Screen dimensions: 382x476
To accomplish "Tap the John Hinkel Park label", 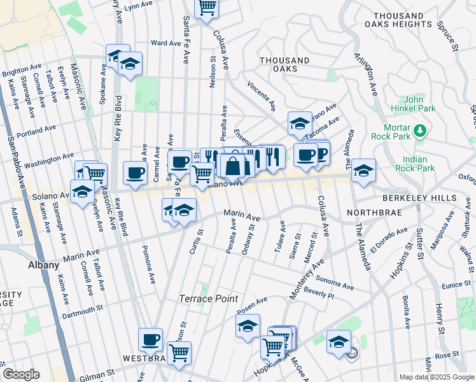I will click(x=419, y=104).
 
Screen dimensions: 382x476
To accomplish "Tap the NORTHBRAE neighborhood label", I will click(x=375, y=212).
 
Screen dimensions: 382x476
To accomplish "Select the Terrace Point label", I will click(x=208, y=299).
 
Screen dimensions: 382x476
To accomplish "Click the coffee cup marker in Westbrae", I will click(x=151, y=339).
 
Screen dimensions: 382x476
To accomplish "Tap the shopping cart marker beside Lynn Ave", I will click(x=207, y=8).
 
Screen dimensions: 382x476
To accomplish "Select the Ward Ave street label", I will click(x=165, y=43).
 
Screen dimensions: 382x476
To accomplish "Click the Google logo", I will click(x=22, y=374).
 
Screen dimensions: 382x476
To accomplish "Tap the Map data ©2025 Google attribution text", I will click(x=436, y=377).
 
